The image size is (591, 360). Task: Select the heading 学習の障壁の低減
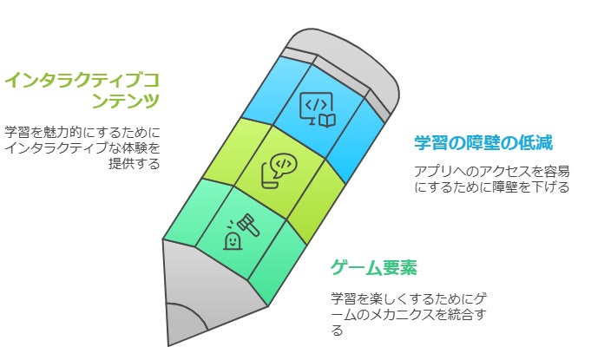coord(483,142)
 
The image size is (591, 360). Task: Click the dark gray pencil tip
coord(186,325)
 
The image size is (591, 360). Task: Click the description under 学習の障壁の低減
coord(491,179)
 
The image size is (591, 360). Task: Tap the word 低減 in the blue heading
coord(535,142)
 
